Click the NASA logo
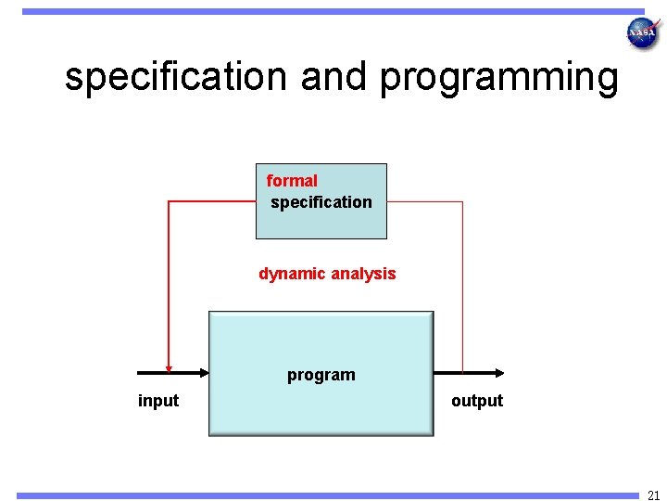(642, 33)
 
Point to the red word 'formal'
(292, 181)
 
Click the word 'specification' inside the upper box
(321, 202)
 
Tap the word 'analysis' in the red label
(362, 274)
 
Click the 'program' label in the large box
(321, 375)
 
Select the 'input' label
(158, 401)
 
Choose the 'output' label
(477, 401)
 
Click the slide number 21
(654, 495)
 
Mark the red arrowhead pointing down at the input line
(169, 366)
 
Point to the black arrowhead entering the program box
(203, 373)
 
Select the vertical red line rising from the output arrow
(462, 288)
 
